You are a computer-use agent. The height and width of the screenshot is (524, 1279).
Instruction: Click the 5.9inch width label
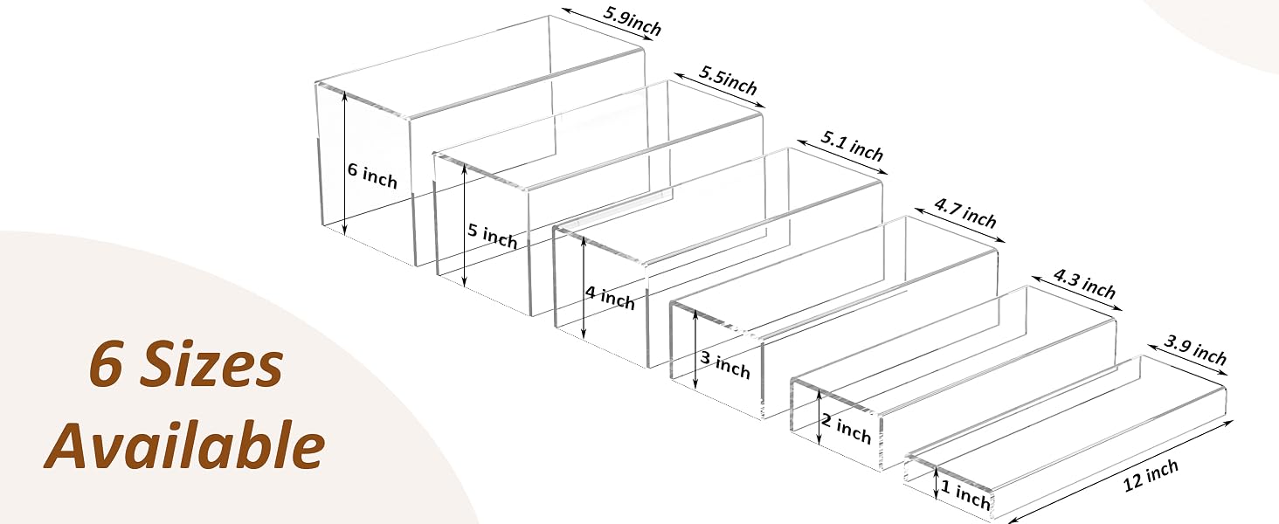633,21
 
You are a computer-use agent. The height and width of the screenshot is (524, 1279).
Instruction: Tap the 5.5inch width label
728,80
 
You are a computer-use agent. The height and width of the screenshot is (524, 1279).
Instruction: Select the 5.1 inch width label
852,146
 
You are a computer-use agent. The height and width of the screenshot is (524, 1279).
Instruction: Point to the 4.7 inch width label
965,213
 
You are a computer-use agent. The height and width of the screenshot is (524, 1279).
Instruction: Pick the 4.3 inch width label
1084,284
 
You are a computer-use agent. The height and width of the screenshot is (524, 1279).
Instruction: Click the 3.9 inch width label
1195,350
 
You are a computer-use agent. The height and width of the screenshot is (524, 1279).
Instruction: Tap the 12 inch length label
1151,475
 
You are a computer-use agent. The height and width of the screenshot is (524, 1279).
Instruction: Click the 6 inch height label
372,176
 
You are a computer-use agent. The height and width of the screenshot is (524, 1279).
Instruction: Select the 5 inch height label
493,237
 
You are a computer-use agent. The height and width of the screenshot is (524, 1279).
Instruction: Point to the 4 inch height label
610,298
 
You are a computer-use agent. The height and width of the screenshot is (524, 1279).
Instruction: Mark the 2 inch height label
847,430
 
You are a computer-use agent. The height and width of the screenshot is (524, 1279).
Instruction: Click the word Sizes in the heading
211,365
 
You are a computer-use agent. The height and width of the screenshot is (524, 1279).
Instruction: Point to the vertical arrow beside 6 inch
344,163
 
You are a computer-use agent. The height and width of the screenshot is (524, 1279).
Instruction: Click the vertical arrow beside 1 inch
937,483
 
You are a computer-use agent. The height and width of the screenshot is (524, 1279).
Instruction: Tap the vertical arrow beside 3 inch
695,349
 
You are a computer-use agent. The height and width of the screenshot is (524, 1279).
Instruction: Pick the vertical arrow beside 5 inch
465,225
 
